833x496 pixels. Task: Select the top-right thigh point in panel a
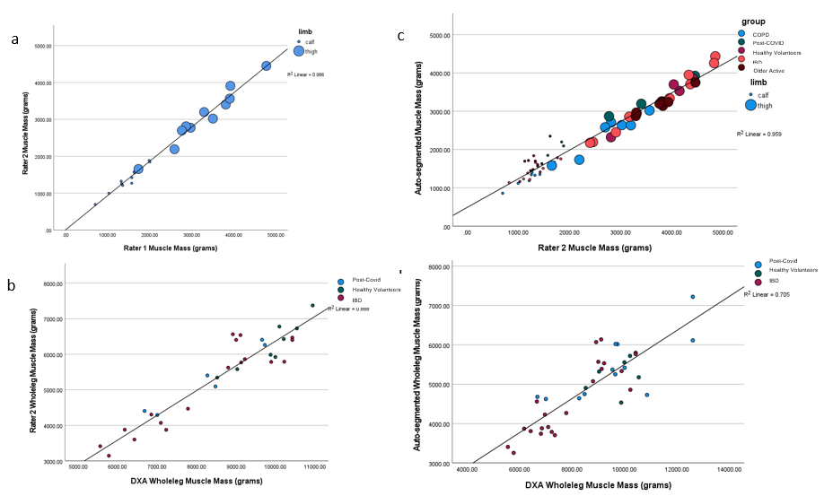click(x=266, y=65)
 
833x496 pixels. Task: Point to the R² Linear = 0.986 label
click(x=306, y=74)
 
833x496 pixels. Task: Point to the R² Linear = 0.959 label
click(x=759, y=134)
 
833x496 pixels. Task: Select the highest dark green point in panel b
click(x=312, y=305)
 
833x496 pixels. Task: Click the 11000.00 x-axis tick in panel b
click(x=314, y=467)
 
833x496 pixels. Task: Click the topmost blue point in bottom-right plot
click(x=692, y=297)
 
